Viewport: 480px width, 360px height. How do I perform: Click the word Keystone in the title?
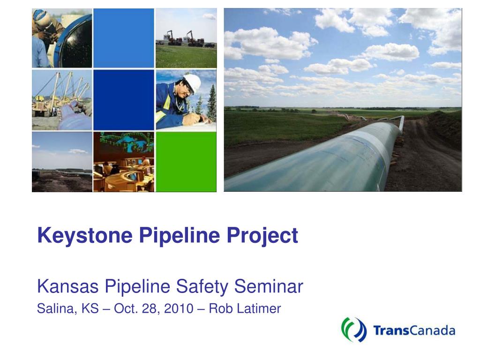(85, 236)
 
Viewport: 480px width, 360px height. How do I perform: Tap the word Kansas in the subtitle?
(68, 286)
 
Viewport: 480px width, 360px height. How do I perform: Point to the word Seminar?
(269, 286)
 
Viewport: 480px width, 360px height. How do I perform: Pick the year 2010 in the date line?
(179, 308)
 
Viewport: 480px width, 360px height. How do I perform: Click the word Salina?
(57, 309)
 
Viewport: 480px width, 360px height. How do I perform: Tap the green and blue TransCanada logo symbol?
(354, 330)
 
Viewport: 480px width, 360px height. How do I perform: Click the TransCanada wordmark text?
(414, 330)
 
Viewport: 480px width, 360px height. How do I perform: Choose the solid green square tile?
(186, 162)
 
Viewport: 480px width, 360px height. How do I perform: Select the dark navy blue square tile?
(124, 100)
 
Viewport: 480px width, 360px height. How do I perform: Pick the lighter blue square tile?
(124, 38)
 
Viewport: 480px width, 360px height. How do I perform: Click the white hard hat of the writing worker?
(193, 82)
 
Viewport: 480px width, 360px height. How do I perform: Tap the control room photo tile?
(124, 162)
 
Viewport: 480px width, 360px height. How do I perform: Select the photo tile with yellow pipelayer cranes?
(62, 100)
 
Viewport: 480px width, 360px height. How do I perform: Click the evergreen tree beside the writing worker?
(211, 104)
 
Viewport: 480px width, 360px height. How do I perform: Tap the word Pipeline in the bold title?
(180, 236)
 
